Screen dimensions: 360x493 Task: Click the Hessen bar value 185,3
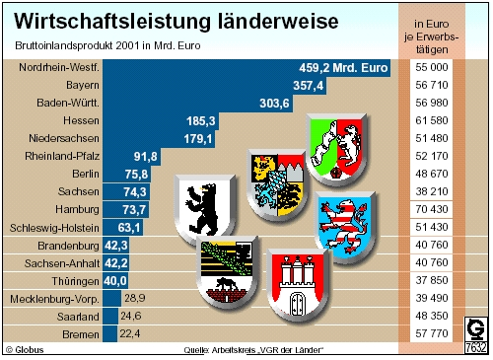tap(200, 120)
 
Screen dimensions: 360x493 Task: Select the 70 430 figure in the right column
tap(429, 209)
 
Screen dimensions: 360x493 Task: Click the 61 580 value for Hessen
tap(429, 120)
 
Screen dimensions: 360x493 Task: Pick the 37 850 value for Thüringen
tap(429, 280)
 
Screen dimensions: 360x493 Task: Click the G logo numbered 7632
tap(475, 334)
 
